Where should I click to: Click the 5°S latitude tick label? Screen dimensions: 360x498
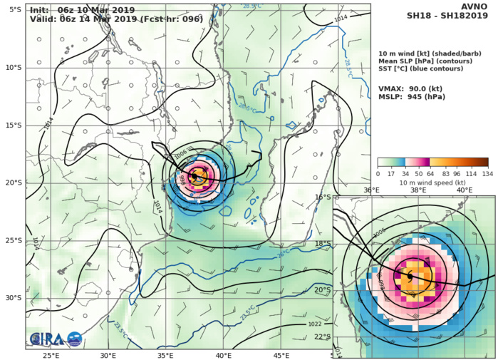tap(14, 9)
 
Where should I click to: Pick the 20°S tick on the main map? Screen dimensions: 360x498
tap(13, 182)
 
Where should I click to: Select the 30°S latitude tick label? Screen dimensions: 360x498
tap(13, 298)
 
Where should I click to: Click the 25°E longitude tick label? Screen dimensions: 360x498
tap(51, 355)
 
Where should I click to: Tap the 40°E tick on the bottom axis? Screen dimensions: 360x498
tap(223, 355)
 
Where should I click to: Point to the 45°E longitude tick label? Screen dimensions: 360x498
tap(281, 355)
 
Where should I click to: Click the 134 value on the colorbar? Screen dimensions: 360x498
tap(487, 174)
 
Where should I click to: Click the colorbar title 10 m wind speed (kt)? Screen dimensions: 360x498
tap(432, 182)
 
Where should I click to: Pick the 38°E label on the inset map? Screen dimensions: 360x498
tap(418, 190)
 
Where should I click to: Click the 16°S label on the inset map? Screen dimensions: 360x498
tap(343, 197)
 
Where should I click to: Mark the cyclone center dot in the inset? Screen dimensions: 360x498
tap(410, 276)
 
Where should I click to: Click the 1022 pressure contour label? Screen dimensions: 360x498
tap(313, 324)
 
